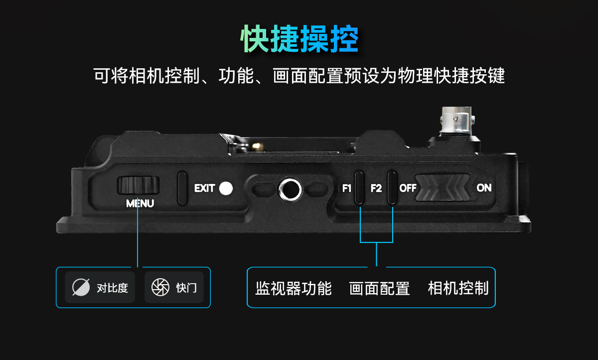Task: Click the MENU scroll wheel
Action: (139, 185)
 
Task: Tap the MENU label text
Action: (140, 203)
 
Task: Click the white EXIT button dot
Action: (226, 188)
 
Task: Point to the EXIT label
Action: (204, 188)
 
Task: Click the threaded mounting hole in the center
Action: (290, 189)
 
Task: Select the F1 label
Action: (347, 188)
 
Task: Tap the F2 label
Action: (376, 188)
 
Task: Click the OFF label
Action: (408, 188)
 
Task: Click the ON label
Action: (484, 188)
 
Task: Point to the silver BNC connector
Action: (457, 120)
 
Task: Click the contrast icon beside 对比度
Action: (81, 287)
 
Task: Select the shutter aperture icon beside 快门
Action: (160, 287)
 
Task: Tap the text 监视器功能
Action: (294, 288)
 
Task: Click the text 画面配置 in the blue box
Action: (379, 288)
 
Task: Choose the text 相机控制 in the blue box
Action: (458, 288)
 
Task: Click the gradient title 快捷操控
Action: (299, 39)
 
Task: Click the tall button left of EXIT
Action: (182, 188)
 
